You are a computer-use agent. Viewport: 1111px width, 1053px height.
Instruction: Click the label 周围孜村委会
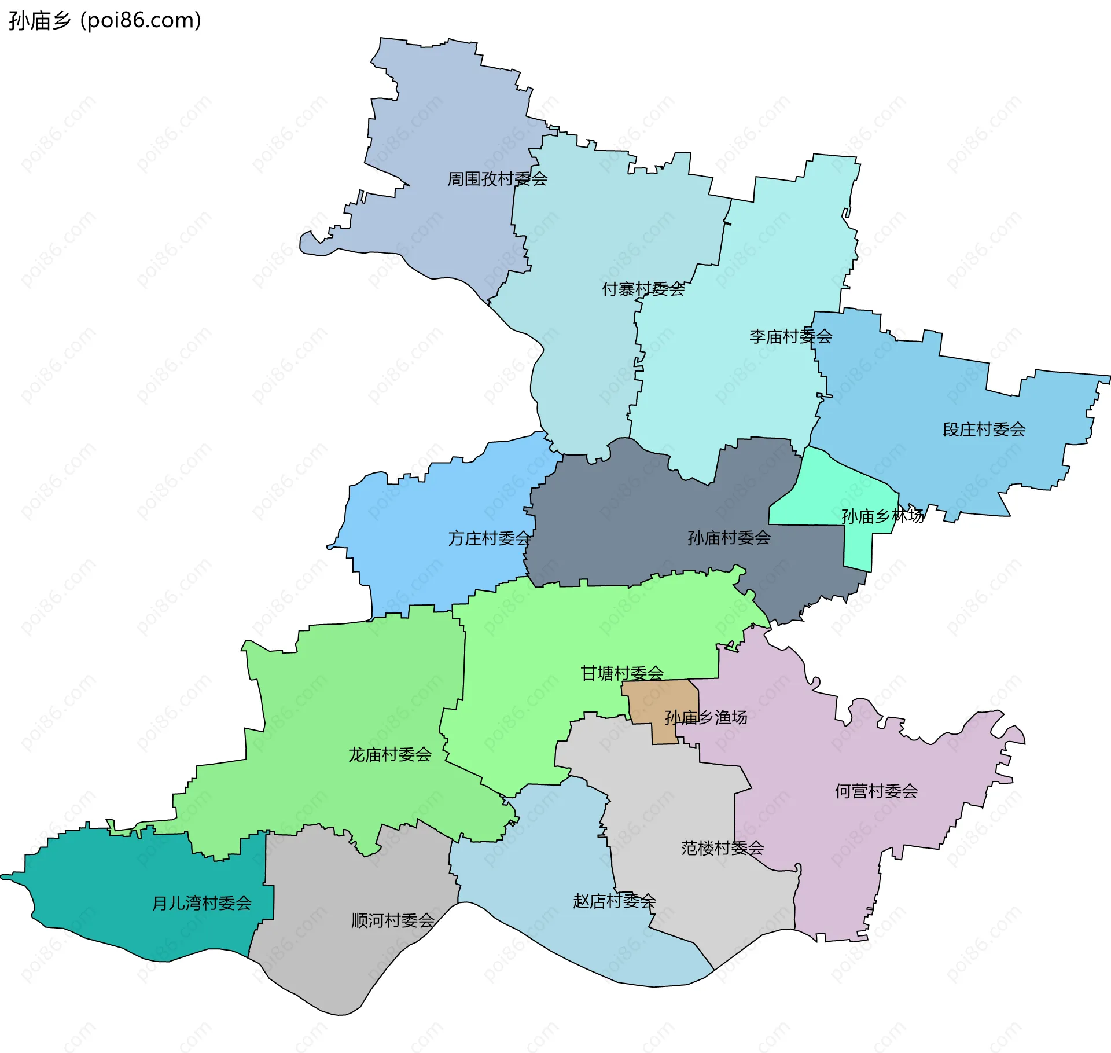coord(497,179)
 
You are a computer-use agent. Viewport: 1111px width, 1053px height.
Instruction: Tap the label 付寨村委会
coord(643,289)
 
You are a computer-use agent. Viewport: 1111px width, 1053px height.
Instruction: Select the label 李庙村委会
coord(790,336)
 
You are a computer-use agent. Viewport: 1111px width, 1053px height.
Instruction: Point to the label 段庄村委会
coord(984,430)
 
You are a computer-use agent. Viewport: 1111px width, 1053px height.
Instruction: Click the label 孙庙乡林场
coord(882,516)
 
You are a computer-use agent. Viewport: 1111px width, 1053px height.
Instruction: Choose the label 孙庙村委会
coord(729,538)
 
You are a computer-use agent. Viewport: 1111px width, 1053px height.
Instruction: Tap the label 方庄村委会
coord(489,538)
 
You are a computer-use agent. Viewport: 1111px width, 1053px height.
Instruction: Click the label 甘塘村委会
coord(621,673)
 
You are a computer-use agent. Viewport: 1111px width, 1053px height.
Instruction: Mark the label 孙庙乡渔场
coord(705,717)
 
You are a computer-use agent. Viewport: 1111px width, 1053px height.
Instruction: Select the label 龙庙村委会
coord(389,754)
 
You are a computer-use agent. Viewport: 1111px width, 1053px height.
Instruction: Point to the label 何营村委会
coord(875,791)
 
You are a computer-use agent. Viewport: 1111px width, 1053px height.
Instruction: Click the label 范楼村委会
coord(722,848)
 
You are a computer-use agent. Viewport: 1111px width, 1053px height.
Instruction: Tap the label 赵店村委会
coord(614,901)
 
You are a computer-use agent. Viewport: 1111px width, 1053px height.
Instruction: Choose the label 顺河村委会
coord(392,920)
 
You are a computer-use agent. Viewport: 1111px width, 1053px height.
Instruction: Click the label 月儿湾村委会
coord(201,903)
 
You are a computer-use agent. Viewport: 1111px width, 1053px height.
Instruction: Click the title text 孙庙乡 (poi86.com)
coord(105,21)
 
